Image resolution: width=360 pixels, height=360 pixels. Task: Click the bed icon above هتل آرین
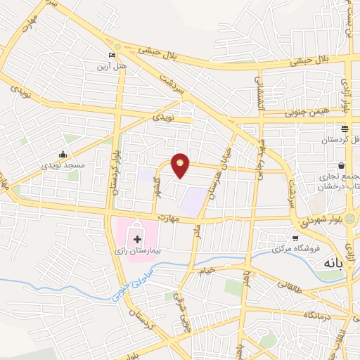coord(111,56)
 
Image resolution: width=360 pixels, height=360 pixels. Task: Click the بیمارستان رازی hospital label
coord(138,250)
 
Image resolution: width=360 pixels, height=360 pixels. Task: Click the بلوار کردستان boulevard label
coord(117,172)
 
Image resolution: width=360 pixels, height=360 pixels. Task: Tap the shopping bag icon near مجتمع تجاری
coord(343,166)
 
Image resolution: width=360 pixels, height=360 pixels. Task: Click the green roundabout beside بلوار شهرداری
coord(349,219)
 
